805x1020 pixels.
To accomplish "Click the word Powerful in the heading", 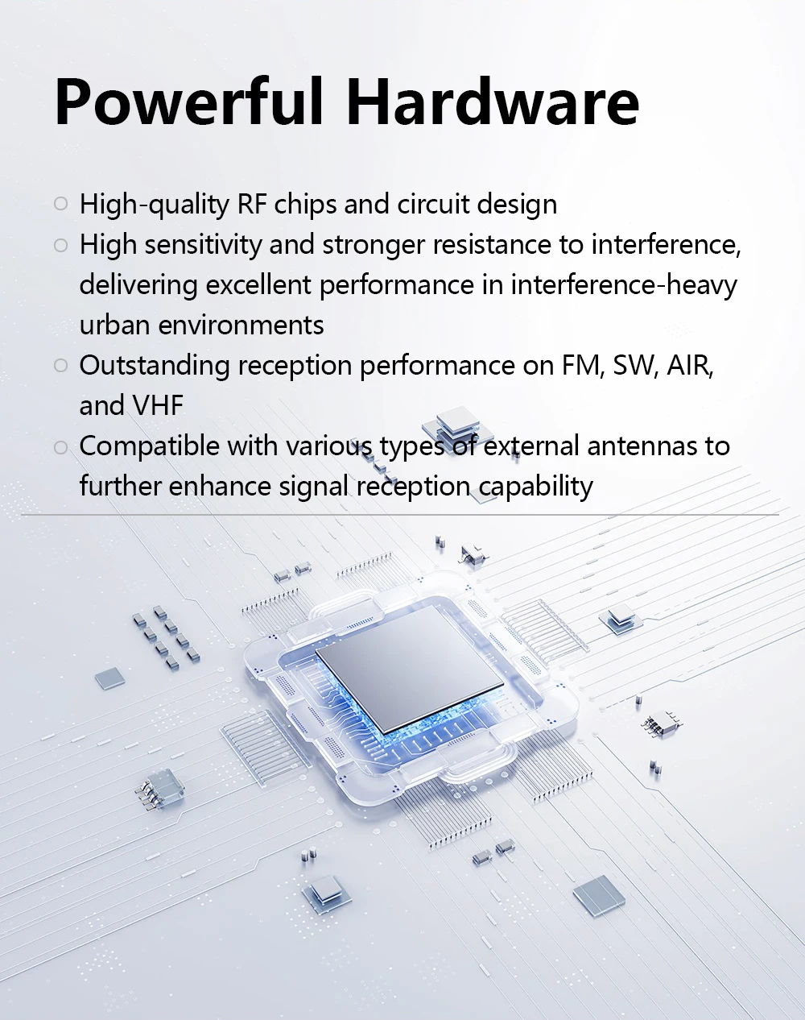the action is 189,102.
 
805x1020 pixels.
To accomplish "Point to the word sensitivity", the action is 203,245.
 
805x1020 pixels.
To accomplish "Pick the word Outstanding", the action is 155,366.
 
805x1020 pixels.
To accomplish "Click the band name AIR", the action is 689,366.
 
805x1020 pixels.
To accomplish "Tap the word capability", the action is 535,487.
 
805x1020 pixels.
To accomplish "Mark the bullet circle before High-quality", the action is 60,205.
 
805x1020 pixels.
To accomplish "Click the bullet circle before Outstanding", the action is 60,366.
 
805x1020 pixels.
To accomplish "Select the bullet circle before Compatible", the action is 60,447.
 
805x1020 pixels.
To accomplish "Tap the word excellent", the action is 257,285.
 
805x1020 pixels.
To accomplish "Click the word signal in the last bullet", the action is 313,487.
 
